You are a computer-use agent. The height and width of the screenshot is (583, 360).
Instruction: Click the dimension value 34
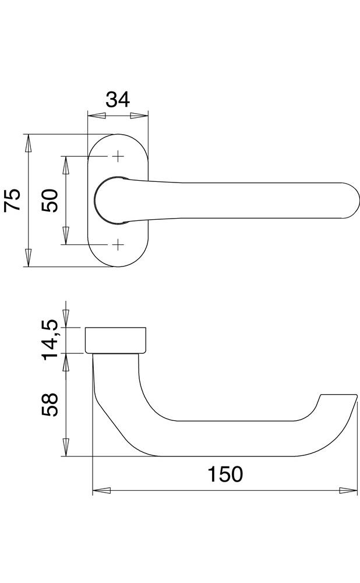coord(118,100)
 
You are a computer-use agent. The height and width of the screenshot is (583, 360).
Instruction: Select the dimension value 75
coord(13,200)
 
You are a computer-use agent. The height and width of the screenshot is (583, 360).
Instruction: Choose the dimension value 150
coord(225,475)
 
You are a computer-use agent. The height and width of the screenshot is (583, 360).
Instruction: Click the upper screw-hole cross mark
coord(118,156)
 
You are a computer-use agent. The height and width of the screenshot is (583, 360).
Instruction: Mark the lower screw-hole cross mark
coord(118,245)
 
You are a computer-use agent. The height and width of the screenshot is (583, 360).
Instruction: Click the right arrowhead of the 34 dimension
coord(139,116)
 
